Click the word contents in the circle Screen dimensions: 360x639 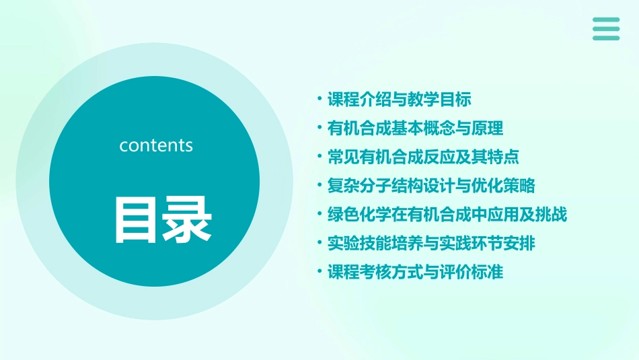tap(156, 145)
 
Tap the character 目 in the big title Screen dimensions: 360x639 tap(138, 219)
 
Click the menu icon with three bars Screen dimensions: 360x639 tap(606, 29)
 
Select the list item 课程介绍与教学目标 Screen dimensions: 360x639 tap(399, 100)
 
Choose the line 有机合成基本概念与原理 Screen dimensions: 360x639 tap(415, 128)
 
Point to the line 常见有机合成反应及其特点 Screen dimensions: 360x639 tap(423, 157)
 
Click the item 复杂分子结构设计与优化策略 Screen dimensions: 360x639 tap(431, 186)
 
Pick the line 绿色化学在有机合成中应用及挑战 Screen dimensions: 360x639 tap(447, 215)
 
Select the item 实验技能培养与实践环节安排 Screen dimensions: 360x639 tap(431, 243)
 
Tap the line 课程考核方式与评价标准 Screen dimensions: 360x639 tap(415, 272)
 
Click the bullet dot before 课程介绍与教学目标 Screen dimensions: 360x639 tap(319, 99)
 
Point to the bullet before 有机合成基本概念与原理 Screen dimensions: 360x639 tap(319, 127)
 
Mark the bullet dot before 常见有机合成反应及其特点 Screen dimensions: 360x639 tap(319, 156)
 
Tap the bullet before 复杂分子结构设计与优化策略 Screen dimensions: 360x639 tap(319, 185)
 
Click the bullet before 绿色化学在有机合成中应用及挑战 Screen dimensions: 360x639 tap(319, 214)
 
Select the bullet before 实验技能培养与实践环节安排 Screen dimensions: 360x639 tap(319, 242)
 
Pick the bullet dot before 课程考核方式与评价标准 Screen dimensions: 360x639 tap(319, 271)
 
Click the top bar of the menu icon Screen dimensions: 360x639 tap(606, 20)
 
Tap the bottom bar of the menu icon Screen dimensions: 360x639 tap(606, 38)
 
